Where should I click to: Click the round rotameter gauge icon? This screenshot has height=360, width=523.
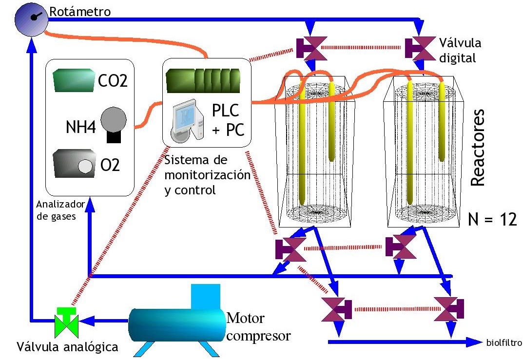pyautogui.click(x=31, y=18)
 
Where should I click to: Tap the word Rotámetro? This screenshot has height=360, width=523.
pyautogui.click(x=80, y=10)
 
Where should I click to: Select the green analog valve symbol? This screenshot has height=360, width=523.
pyautogui.click(x=66, y=321)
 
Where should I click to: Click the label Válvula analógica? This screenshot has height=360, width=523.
pyautogui.click(x=68, y=347)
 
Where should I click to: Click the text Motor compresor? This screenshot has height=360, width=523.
pyautogui.click(x=259, y=327)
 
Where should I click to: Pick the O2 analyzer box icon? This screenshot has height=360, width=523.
pyautogui.click(x=73, y=164)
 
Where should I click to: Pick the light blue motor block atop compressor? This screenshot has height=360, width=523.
pyautogui.click(x=206, y=296)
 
